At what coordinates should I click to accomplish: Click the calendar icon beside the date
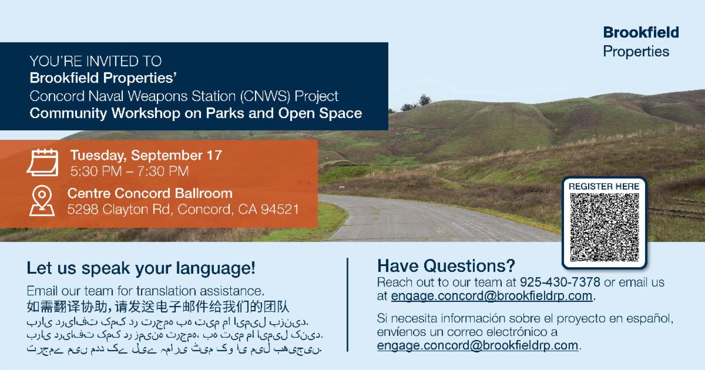point(42,162)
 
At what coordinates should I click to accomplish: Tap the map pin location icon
point(42,201)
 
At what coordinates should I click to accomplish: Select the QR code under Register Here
point(605,227)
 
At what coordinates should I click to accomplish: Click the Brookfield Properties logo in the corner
point(641,42)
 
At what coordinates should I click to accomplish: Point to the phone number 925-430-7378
point(560,282)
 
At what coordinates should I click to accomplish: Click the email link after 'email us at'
point(492,296)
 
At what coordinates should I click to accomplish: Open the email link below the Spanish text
point(478,345)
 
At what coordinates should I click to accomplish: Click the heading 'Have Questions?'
point(446,266)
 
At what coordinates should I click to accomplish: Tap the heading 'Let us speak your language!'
point(140,268)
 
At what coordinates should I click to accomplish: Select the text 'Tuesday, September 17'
point(146,155)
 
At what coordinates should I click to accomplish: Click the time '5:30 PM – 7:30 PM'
point(129,171)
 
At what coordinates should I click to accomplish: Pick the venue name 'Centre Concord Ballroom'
point(150,193)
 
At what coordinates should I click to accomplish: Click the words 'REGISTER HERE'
point(604,187)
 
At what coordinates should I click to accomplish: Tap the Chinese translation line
point(158,307)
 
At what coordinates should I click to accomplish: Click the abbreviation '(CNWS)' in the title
point(265,96)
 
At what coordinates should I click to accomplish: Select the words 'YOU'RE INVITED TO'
point(96,61)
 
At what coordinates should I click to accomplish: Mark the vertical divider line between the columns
point(347,305)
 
